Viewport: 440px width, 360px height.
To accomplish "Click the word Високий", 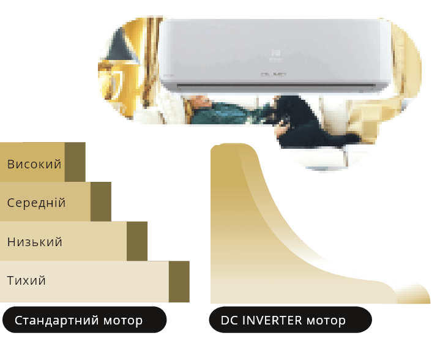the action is click(x=34, y=164).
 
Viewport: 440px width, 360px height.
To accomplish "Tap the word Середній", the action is click(x=36, y=203).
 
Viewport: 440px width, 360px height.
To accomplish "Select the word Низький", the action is click(x=35, y=242).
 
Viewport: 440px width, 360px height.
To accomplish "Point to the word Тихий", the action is click(x=26, y=280).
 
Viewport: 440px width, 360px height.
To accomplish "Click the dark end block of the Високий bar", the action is click(x=75, y=162).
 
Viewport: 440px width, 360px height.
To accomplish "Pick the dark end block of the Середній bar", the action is click(x=101, y=201).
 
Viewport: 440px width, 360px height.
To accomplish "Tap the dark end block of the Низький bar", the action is click(x=137, y=241).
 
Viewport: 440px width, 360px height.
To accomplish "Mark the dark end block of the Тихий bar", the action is click(x=179, y=282).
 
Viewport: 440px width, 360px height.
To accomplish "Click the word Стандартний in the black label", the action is click(x=57, y=320).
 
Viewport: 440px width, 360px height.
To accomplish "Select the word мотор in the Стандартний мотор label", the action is click(x=123, y=321).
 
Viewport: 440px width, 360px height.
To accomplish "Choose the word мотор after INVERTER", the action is click(x=326, y=321).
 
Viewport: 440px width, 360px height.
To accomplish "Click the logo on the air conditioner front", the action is click(x=276, y=55).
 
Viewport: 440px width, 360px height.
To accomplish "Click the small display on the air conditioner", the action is click(x=274, y=75).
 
